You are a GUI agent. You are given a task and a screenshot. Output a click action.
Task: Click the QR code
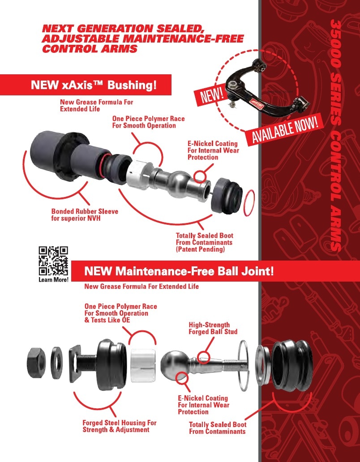pyautogui.click(x=53, y=261)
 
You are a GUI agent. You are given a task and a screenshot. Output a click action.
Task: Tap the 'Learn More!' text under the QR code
pyautogui.click(x=54, y=280)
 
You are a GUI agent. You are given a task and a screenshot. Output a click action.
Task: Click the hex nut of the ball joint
pyautogui.click(x=36, y=363)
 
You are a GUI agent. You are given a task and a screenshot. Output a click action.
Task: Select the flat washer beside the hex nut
pyautogui.click(x=56, y=363)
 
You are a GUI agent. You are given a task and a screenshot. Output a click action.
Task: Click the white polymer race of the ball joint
pyautogui.click(x=143, y=365)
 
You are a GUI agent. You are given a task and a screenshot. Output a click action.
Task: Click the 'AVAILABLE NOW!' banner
pyautogui.click(x=285, y=130)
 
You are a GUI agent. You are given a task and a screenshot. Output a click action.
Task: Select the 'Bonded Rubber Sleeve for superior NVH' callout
pyautogui.click(x=85, y=215)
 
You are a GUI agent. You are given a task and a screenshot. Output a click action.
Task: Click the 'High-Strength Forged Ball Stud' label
pyautogui.click(x=213, y=328)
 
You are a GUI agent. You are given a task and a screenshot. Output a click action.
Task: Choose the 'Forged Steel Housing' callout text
pyautogui.click(x=119, y=426)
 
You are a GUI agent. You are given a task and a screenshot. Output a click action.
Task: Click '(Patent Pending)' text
pyautogui.click(x=200, y=249)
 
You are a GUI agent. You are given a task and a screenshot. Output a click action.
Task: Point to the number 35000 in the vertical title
pyautogui.click(x=335, y=44)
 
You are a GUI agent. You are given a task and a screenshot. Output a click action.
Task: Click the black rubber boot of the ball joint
pyautogui.click(x=291, y=365)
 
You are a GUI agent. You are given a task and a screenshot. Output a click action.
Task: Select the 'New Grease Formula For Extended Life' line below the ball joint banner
pyautogui.click(x=141, y=287)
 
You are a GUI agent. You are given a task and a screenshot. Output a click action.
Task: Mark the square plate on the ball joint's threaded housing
pyautogui.click(x=75, y=364)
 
